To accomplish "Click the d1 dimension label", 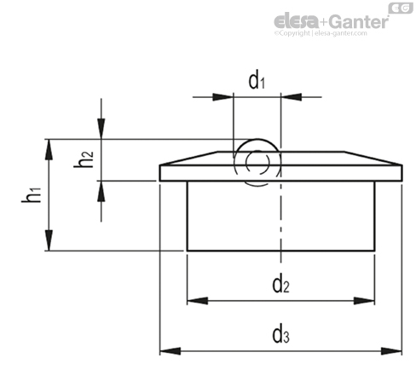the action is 257,81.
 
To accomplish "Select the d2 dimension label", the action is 280,285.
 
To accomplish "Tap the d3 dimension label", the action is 280,335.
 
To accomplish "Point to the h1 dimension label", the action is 32,194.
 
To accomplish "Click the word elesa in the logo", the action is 296,21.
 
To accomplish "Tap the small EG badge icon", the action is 401,8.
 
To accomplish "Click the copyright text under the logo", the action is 321,33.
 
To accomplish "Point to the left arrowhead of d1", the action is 222,97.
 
